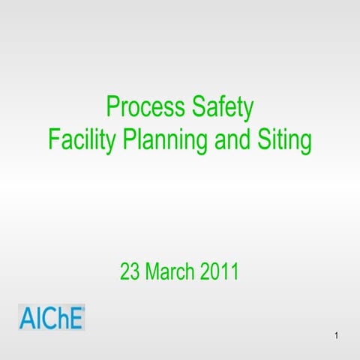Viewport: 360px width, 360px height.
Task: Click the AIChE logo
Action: coord(52,317)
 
